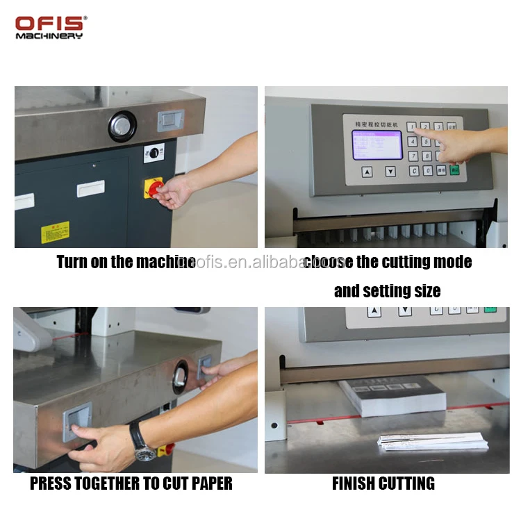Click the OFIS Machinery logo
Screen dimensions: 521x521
tap(50, 27)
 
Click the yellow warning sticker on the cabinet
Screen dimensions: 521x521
tap(55, 232)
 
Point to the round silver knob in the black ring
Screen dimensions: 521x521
tap(122, 126)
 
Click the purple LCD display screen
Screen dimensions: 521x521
tap(377, 144)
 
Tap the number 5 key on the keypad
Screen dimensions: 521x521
tap(427, 142)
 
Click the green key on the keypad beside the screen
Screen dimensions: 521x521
tap(455, 170)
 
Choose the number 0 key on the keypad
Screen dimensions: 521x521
tap(428, 170)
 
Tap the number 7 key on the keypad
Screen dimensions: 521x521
tap(413, 156)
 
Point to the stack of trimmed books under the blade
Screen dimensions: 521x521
tap(392, 395)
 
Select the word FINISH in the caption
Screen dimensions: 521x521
tap(358, 483)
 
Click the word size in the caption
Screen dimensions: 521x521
tap(425, 290)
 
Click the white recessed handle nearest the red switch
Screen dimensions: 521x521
tap(91, 188)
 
